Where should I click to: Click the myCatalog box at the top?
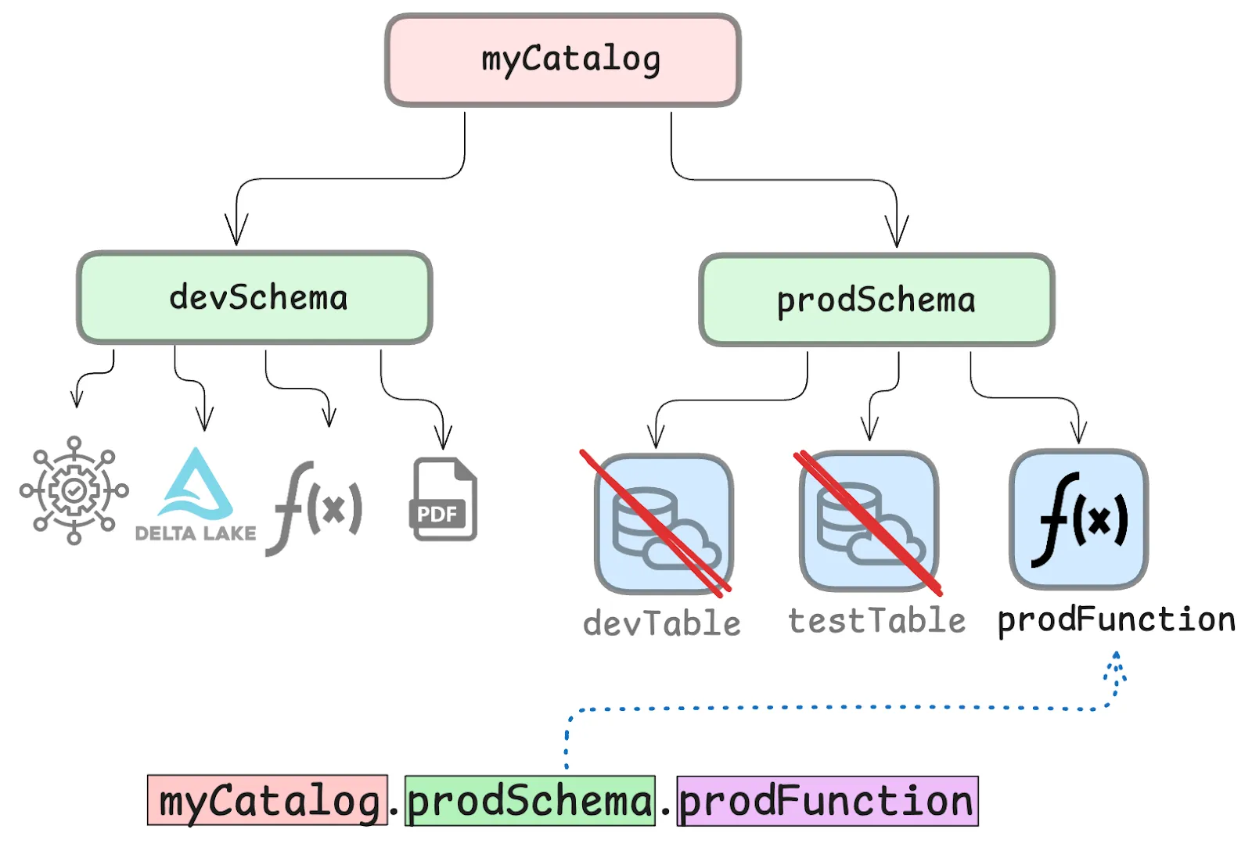[563, 60]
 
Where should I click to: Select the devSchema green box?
[254, 298]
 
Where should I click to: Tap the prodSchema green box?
[876, 300]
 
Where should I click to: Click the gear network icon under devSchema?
[74, 490]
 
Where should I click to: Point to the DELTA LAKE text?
[196, 533]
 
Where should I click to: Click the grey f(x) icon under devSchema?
[315, 508]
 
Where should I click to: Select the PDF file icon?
[444, 500]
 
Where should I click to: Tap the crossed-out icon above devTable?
[664, 523]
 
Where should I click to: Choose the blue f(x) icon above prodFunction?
[1079, 519]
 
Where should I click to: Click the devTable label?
[662, 623]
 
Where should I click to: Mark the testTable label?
[876, 621]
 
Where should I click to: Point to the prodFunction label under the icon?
[1116, 619]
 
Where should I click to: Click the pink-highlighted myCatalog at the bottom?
[268, 801]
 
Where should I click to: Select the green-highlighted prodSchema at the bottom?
[530, 801]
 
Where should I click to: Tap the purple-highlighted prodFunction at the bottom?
[827, 801]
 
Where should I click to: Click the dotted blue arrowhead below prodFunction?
[1117, 661]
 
